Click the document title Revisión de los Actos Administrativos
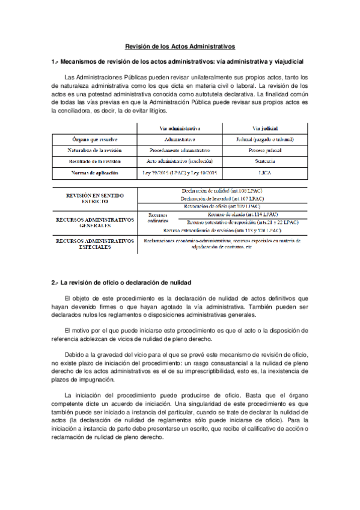(x=180, y=46)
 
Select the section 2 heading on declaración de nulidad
(x=121, y=283)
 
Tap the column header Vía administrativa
(x=180, y=128)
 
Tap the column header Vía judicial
(x=264, y=128)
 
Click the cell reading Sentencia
(x=264, y=162)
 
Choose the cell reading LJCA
(x=264, y=173)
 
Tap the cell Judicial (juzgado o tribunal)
(x=264, y=140)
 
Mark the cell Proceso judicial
(x=264, y=150)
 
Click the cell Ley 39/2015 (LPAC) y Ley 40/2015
(x=180, y=173)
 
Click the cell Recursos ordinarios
(x=158, y=217)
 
